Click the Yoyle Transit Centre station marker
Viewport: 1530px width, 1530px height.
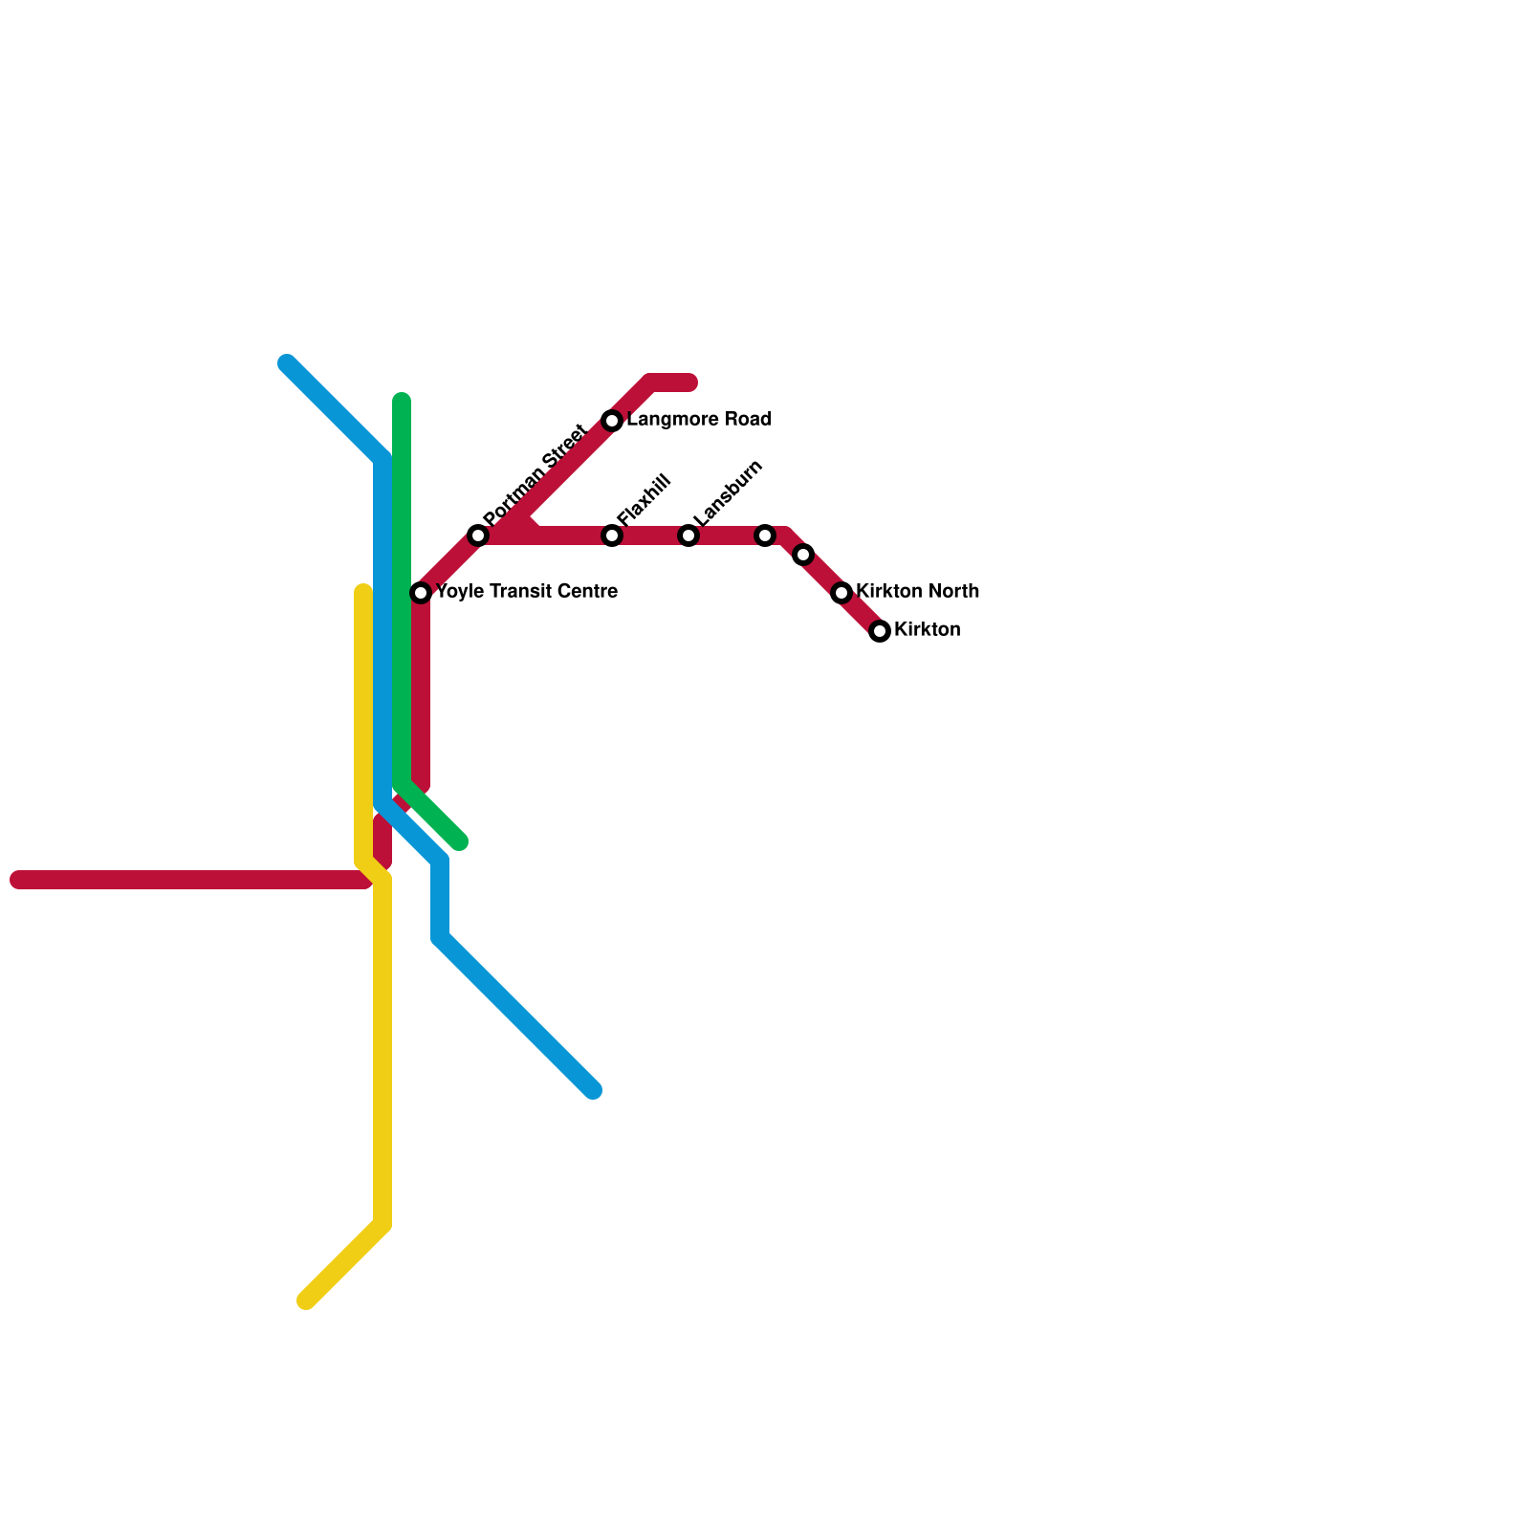(x=421, y=593)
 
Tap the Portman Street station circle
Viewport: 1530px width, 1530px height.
(x=478, y=535)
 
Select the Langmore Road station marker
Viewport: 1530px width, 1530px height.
(x=612, y=421)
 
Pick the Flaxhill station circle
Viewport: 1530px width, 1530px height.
(x=612, y=535)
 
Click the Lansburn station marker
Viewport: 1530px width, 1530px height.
(x=688, y=535)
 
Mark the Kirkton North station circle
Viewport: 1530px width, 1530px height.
(x=841, y=593)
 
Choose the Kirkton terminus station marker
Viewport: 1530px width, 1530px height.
(x=880, y=631)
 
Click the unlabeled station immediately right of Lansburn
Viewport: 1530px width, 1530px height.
(x=765, y=535)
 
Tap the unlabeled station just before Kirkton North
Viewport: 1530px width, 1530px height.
(x=803, y=555)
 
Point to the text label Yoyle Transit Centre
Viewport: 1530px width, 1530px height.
(x=526, y=592)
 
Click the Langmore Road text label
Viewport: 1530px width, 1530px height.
(x=699, y=420)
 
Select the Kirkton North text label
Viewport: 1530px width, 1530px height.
(x=917, y=592)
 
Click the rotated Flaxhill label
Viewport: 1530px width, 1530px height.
(x=644, y=498)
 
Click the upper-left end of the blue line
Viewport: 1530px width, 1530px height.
(x=287, y=363)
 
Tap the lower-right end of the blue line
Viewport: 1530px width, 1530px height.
(x=593, y=1090)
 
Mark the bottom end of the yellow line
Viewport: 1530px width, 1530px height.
(x=306, y=1300)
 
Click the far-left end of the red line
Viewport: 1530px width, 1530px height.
(x=17, y=880)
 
